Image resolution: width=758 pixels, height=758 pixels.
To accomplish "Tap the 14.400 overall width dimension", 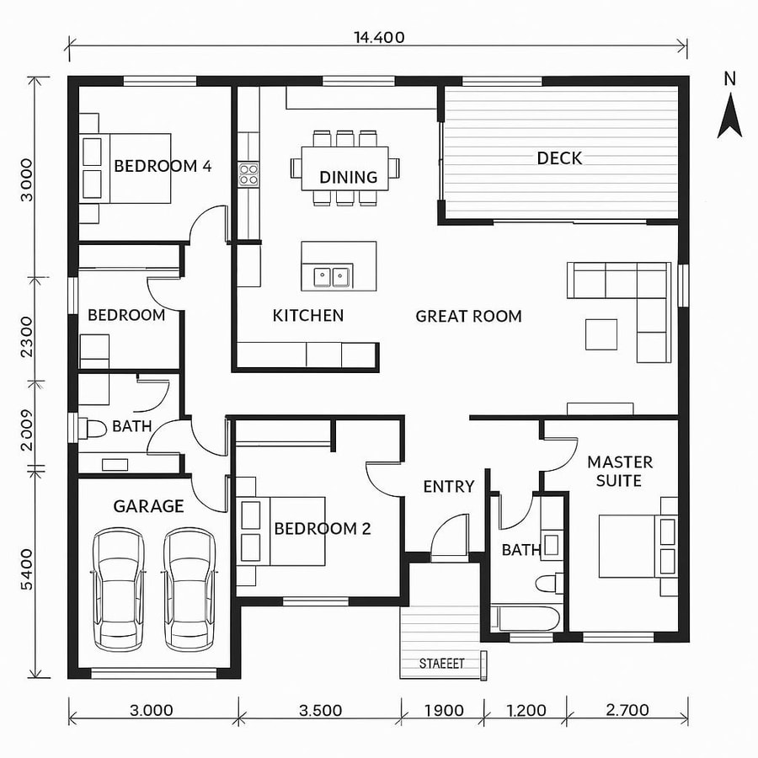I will [x=379, y=37].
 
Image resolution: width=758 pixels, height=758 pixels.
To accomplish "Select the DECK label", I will [x=559, y=158].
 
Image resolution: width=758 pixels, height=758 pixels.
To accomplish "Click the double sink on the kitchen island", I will [x=331, y=275].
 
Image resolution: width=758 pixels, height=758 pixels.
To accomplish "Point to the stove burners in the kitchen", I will [x=248, y=173].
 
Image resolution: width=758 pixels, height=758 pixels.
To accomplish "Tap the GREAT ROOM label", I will [x=468, y=317].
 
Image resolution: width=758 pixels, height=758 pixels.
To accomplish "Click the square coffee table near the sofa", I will [x=602, y=334].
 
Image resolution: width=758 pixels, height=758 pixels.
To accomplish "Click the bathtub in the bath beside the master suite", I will [x=526, y=618].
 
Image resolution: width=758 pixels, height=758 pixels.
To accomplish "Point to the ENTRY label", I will [x=448, y=487].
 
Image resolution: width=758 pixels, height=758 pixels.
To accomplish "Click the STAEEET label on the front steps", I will [x=441, y=664].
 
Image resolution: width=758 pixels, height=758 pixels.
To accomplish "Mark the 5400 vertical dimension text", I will [x=26, y=571].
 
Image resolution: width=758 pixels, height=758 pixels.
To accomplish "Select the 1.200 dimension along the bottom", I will [x=527, y=710].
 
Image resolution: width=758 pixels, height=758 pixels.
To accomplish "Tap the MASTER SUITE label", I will [x=620, y=472].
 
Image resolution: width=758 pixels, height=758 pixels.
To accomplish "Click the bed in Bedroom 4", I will [x=126, y=168].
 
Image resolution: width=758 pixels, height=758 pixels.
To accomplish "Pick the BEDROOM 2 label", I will [x=323, y=529].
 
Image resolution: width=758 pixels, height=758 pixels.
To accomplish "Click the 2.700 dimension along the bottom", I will [x=627, y=710].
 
